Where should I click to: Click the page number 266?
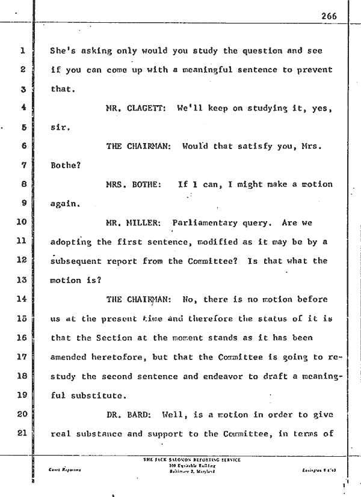(x=329, y=16)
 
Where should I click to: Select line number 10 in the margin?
(x=20, y=223)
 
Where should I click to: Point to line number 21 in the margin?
(x=20, y=433)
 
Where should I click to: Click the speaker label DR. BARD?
(x=132, y=414)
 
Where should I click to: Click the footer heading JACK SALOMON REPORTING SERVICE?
(x=191, y=460)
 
